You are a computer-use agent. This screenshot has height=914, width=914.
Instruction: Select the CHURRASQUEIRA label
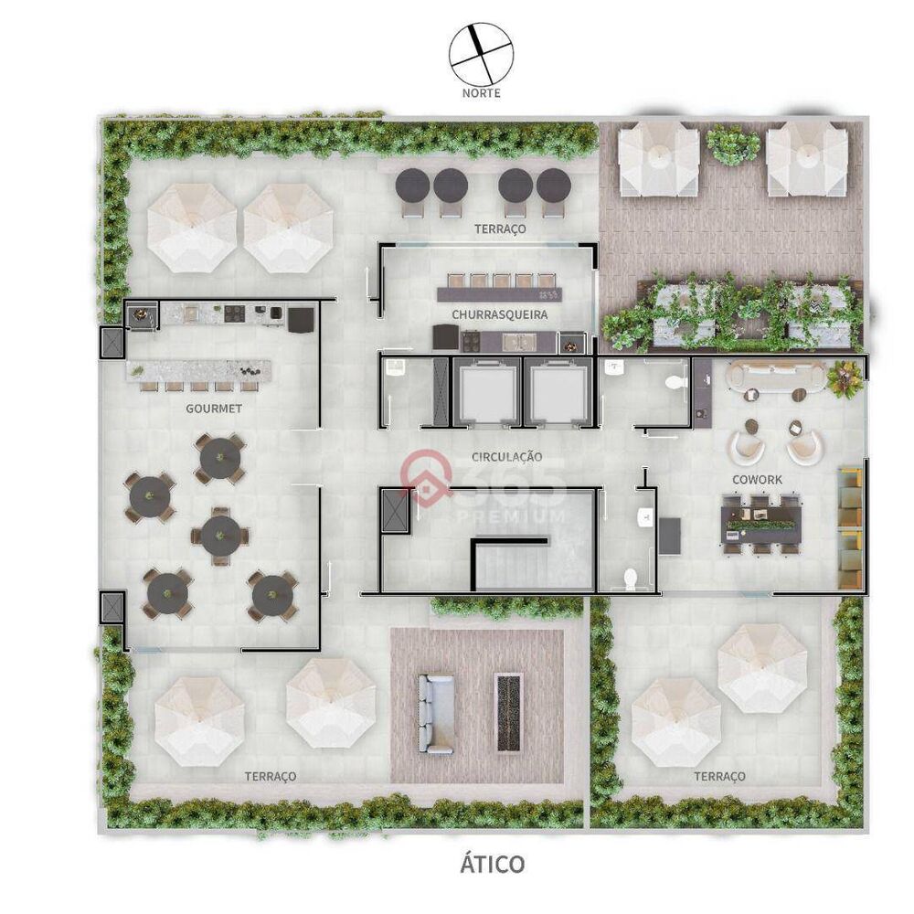(499, 315)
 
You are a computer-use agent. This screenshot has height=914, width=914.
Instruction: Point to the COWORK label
(757, 479)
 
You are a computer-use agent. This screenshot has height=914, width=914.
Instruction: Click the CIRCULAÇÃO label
(507, 456)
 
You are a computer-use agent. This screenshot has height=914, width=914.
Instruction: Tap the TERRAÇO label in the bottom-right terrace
(719, 776)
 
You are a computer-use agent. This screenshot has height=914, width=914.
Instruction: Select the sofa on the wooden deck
(435, 713)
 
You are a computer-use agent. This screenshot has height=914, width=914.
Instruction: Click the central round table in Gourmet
(220, 535)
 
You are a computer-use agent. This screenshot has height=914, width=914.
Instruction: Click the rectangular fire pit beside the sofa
(509, 713)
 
